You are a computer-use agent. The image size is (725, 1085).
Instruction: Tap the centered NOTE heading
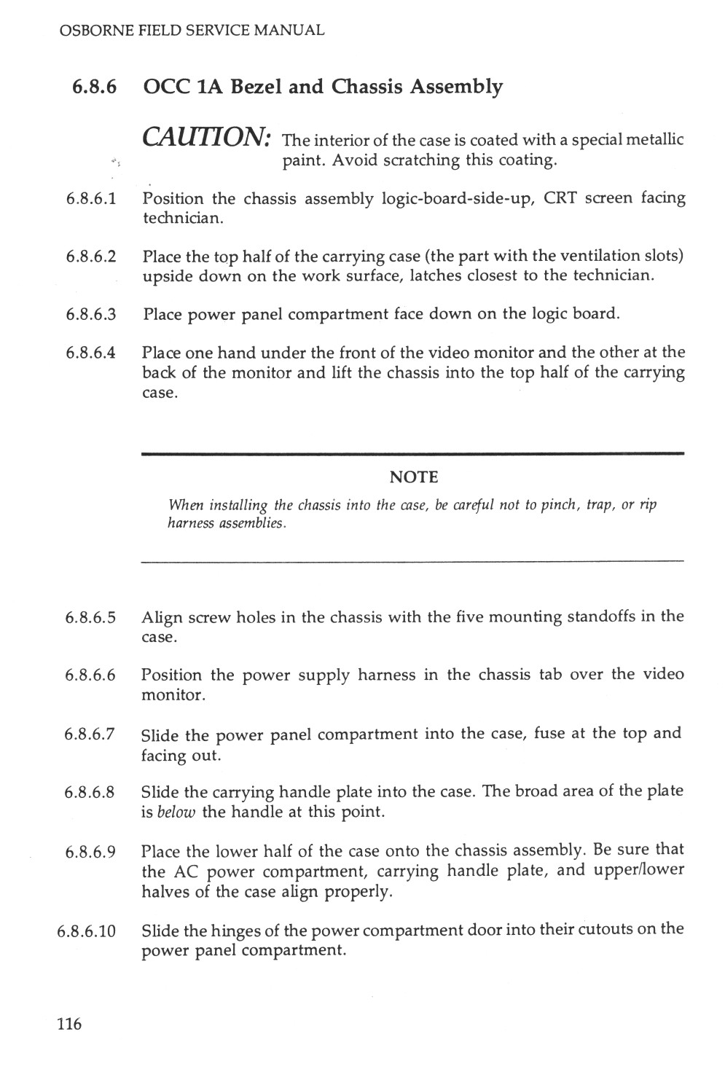point(414,477)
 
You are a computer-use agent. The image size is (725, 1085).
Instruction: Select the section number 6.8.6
point(95,87)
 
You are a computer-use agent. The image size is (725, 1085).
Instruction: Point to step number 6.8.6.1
point(90,199)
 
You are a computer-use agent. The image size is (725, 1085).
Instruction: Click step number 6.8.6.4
point(90,353)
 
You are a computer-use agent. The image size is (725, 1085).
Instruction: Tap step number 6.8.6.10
point(86,931)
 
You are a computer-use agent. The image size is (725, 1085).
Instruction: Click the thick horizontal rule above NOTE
point(413,454)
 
